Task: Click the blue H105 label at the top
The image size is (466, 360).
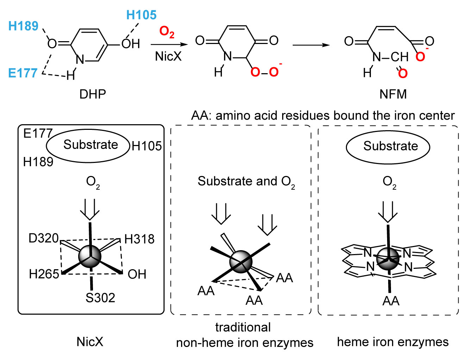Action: coord(141,15)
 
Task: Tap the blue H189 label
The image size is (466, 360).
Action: coord(23,26)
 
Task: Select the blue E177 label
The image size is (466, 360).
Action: coord(23,73)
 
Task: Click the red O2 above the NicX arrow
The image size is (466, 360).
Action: coord(167,32)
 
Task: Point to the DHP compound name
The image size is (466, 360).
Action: coord(93,94)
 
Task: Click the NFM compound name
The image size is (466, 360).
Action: coord(393,94)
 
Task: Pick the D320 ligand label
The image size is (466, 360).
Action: coord(43,238)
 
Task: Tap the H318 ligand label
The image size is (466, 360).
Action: coord(139,239)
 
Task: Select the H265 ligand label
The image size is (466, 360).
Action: coord(44,274)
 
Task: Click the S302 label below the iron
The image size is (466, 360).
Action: coord(100,298)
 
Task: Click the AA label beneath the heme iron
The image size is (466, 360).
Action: coord(391,301)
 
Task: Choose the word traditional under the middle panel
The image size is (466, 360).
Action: coord(243,327)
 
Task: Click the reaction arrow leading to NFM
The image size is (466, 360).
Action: coord(311,45)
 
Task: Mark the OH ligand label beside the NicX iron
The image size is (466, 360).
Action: coord(137,274)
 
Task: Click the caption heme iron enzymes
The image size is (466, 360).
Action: coord(393,342)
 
